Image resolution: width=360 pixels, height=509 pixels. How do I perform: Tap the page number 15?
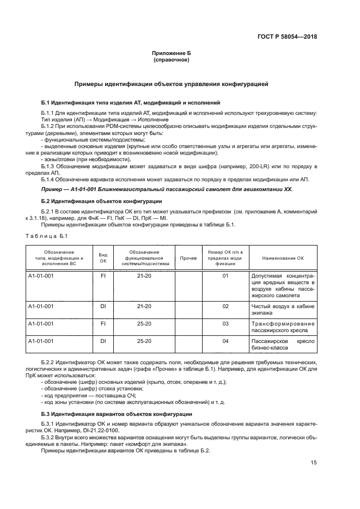314,463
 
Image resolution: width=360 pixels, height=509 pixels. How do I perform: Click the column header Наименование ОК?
283,258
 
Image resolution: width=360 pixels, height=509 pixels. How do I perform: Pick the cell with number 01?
225,276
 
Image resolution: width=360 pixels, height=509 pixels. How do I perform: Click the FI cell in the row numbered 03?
102,324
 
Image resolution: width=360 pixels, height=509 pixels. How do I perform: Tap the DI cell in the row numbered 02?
102,306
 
